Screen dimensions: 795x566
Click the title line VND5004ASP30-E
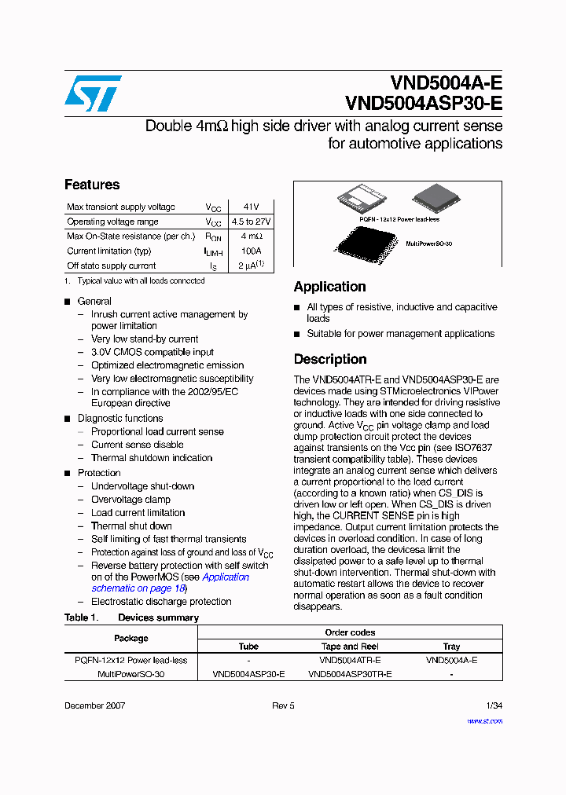[423, 104]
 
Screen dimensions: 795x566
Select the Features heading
[92, 185]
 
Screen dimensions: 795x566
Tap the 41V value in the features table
[251, 207]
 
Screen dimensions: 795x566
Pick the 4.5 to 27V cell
[251, 222]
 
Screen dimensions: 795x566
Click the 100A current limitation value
[251, 251]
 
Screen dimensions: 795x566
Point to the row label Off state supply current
[112, 266]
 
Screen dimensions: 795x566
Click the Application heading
[329, 287]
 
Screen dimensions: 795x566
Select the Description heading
[330, 359]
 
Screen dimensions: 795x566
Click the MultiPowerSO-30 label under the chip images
[428, 244]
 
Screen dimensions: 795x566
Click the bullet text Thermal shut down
[131, 526]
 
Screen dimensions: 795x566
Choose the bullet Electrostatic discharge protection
[161, 601]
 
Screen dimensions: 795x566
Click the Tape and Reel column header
[350, 647]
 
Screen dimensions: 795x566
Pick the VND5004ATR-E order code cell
[350, 660]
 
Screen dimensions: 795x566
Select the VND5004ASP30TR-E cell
[350, 674]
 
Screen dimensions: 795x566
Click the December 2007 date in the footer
[94, 705]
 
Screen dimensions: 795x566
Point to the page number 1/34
[494, 705]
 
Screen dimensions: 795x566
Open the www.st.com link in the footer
[484, 720]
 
